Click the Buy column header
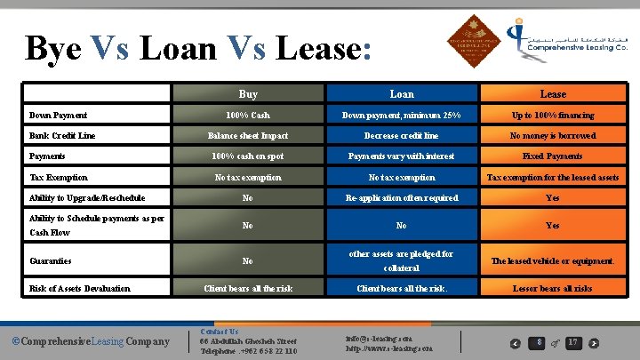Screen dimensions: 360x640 tap(248, 93)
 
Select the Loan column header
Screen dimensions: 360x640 tap(402, 93)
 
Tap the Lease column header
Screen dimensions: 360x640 tap(553, 93)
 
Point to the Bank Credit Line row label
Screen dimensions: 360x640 tap(62, 135)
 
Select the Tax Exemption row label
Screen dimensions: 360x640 tap(59, 177)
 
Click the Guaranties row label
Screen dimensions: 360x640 tap(52, 261)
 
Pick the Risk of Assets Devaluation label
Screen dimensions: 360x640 tap(80, 288)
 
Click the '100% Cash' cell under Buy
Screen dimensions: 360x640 tap(248, 116)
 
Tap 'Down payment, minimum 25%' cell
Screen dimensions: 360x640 tap(402, 116)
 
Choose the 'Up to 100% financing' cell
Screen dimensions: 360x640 tap(553, 116)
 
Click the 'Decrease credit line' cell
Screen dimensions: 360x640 tap(402, 135)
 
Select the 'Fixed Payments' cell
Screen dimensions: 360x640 tap(553, 156)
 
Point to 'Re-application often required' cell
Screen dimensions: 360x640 tap(402, 197)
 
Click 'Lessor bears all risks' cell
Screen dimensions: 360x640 tap(553, 288)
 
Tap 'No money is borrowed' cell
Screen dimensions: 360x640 tap(553, 135)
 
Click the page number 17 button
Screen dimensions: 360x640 tap(573, 342)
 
